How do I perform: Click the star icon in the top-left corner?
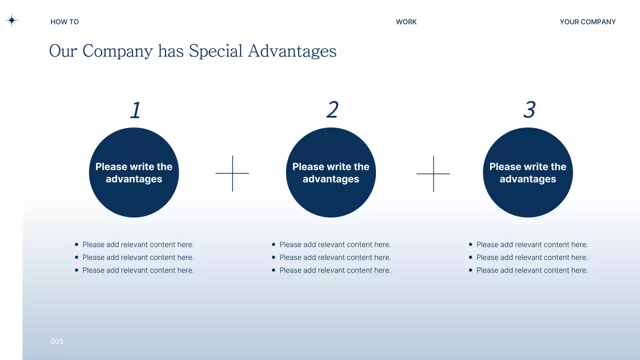click(x=11, y=20)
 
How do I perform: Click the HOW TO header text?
click(x=64, y=22)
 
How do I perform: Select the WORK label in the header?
click(x=406, y=22)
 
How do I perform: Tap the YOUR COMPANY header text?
click(x=587, y=22)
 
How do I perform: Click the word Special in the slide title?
click(x=215, y=51)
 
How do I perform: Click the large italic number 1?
click(x=135, y=110)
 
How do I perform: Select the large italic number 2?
click(x=332, y=110)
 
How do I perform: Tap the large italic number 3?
click(x=529, y=110)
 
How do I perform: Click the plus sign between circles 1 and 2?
click(x=232, y=173)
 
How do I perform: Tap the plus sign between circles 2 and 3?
click(x=433, y=174)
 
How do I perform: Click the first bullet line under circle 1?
click(x=138, y=244)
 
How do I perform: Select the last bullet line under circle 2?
click(x=335, y=270)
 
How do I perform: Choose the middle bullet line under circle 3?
click(x=532, y=257)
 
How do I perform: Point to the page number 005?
click(x=57, y=341)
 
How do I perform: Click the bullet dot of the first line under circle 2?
click(x=273, y=244)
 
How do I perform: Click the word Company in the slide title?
click(x=117, y=51)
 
